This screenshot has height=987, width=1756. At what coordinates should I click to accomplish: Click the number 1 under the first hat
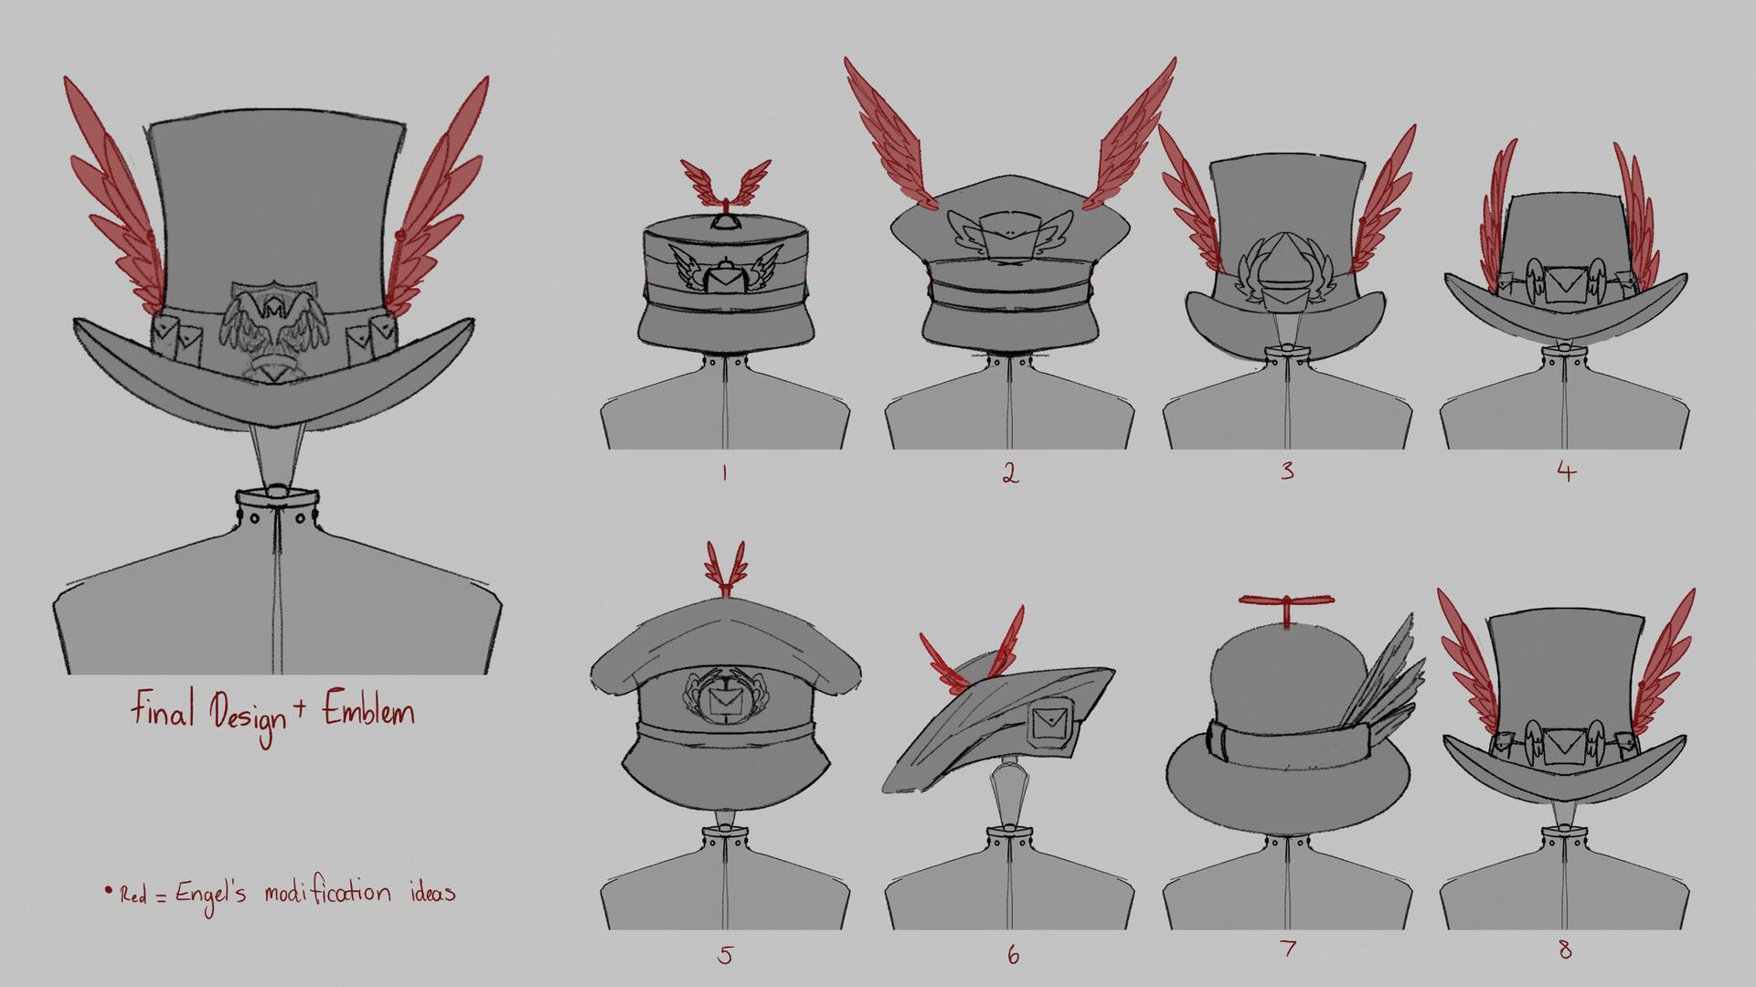click(x=724, y=472)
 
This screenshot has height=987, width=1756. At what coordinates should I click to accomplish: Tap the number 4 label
click(x=1566, y=472)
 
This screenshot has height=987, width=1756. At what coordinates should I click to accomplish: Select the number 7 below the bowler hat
click(x=1288, y=949)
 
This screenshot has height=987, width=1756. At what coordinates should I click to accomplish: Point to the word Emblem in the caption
click(x=368, y=711)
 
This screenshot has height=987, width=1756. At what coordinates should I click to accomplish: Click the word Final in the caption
click(x=163, y=708)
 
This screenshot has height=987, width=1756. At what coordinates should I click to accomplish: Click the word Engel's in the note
click(x=210, y=894)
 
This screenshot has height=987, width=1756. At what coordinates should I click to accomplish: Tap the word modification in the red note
click(x=327, y=892)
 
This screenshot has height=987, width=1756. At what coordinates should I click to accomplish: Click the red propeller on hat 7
click(x=1286, y=603)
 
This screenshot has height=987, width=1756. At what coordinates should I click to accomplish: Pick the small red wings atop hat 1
click(x=726, y=183)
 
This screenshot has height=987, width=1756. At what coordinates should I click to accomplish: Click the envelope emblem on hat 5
click(x=726, y=699)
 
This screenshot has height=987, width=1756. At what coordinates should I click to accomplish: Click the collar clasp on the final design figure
click(x=277, y=494)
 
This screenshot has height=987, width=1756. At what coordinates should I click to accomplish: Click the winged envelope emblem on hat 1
click(x=726, y=272)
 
